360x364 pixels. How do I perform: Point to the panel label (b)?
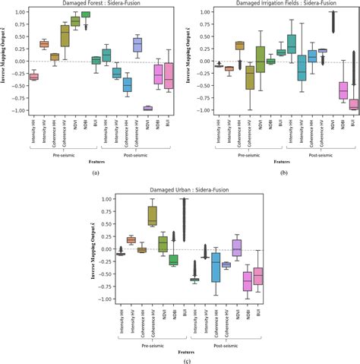(x=283, y=173)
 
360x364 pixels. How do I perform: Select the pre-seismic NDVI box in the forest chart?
(x=75, y=21)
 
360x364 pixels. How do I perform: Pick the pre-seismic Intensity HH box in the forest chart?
(x=33, y=77)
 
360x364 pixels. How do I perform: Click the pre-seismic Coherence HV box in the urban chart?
(x=152, y=216)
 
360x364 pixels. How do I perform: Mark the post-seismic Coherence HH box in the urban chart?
(x=216, y=269)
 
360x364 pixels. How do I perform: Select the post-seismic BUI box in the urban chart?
(x=258, y=277)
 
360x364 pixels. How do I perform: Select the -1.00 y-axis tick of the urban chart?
(x=106, y=299)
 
